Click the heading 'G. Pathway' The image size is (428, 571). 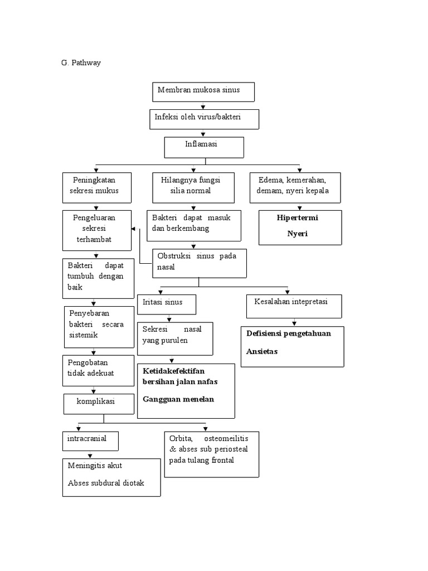pyautogui.click(x=81, y=63)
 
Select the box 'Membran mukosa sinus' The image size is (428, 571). pyautogui.click(x=203, y=92)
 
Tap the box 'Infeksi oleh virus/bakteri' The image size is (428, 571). pyautogui.click(x=204, y=119)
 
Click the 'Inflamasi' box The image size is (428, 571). pyautogui.click(x=204, y=147)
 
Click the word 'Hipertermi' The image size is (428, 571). pyautogui.click(x=297, y=217)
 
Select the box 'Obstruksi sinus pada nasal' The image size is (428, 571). pyautogui.click(x=199, y=263)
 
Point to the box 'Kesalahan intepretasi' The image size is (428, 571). pyautogui.click(x=294, y=306)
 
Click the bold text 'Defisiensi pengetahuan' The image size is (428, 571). pyautogui.click(x=289, y=333)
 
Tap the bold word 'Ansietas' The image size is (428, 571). pyautogui.click(x=261, y=351)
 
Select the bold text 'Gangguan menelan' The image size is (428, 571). pyautogui.click(x=178, y=399)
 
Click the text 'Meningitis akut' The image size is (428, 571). pyautogui.click(x=95, y=465)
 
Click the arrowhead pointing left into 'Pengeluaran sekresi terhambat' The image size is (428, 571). pyautogui.click(x=133, y=229)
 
